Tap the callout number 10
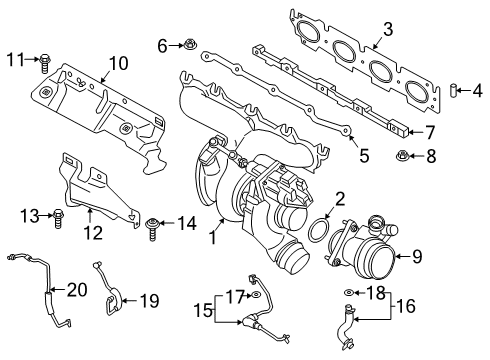pos(120,63)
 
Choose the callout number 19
pos(149,298)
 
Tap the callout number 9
pos(417,256)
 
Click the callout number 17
pos(232,296)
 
